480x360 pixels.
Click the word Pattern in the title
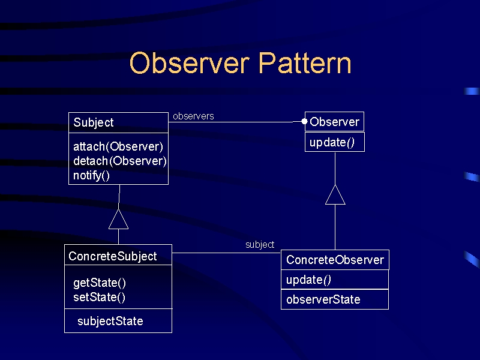click(x=305, y=63)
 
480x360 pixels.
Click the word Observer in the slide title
click(x=189, y=63)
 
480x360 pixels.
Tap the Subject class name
click(x=94, y=122)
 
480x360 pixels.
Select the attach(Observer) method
click(x=118, y=146)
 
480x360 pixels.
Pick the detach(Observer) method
click(x=120, y=161)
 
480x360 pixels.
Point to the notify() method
click(x=92, y=176)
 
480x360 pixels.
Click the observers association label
click(x=193, y=116)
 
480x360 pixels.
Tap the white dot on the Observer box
click(x=304, y=122)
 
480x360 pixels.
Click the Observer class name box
click(x=334, y=122)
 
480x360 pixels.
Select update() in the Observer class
click(x=332, y=143)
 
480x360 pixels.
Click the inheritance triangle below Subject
click(x=118, y=219)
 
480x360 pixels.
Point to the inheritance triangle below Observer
click(x=335, y=194)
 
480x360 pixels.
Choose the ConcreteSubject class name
click(x=113, y=256)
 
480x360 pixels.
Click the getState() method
click(x=100, y=283)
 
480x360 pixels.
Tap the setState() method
click(x=99, y=297)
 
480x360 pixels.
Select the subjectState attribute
click(x=110, y=321)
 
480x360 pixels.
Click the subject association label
click(x=260, y=245)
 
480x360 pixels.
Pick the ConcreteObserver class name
click(x=335, y=260)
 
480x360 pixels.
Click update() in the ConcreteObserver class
click(x=308, y=280)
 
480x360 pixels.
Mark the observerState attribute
click(x=323, y=299)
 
